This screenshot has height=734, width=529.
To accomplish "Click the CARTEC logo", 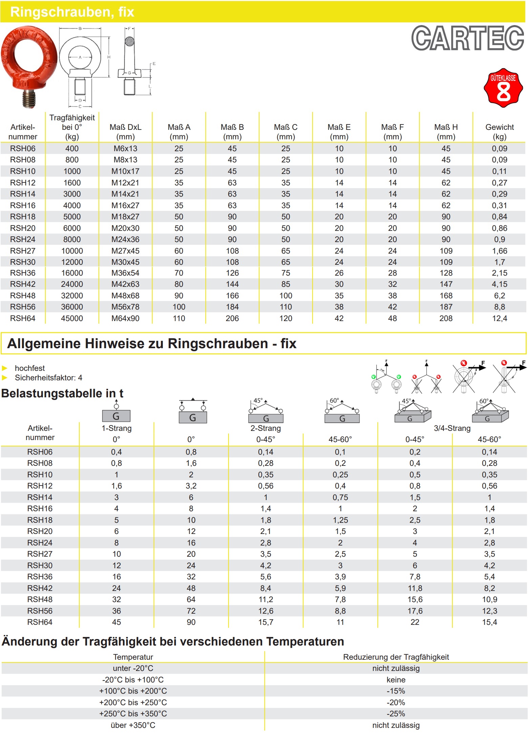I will pos(468,38).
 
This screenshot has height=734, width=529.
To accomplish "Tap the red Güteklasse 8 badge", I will pos(503,88).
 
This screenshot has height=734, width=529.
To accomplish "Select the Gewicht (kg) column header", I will pos(499,132).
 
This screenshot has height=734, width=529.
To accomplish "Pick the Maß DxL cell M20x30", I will pos(125,228).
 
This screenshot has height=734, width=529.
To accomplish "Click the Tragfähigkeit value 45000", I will pos(72,318).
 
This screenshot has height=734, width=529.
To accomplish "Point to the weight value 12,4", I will pos(499,318).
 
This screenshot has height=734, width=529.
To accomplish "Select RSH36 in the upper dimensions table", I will pos(23,273).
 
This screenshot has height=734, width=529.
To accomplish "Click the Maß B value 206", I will pos(232,318).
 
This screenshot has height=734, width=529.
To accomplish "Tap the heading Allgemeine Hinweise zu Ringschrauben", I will pos(152,343).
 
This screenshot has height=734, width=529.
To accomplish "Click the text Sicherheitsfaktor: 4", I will pos(48,378).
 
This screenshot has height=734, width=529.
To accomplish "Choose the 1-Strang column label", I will pos(117,428).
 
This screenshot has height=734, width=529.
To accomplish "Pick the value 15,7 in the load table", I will pos(266,622).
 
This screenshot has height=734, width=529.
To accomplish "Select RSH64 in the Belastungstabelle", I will pos(40,622).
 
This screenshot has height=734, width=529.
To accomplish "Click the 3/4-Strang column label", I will pos(452,428).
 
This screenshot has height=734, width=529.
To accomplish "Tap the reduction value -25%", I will pos(396,714).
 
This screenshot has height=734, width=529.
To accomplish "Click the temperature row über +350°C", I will pos(133,725).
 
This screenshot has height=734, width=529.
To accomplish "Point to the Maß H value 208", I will pos(446,318).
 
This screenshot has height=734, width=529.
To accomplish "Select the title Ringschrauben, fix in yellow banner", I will pos(72,12).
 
